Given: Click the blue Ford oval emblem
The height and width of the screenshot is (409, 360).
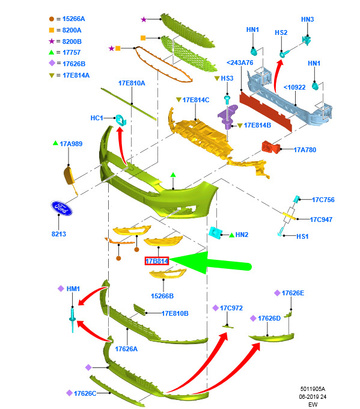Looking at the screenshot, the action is [x=61, y=208].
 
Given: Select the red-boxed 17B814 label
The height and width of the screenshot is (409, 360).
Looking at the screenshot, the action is [x=157, y=261].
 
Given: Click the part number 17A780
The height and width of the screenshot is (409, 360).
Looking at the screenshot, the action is [x=305, y=150].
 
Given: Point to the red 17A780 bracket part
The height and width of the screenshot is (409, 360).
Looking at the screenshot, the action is [x=270, y=147].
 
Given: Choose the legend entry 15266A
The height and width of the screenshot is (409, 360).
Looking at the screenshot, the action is [x=73, y=19].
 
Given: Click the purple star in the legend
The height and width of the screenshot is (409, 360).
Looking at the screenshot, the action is [x=52, y=42].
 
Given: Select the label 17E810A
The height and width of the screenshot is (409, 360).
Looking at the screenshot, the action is [x=132, y=83].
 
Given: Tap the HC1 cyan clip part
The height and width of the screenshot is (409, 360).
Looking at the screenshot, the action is [x=121, y=120].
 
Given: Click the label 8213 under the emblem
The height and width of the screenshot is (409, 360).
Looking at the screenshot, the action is [x=59, y=234].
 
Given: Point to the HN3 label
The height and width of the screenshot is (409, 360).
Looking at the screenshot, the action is [x=307, y=19].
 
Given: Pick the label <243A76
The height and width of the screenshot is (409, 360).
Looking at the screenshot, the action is [x=240, y=63].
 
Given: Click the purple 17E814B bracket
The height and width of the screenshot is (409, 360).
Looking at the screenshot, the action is [x=228, y=116].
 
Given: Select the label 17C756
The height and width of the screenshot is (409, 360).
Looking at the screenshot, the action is [x=323, y=200].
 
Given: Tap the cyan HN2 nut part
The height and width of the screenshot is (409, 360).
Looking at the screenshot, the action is [x=215, y=232].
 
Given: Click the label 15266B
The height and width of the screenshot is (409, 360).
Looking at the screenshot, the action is [x=162, y=296].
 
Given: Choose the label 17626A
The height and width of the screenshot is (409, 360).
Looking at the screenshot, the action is [x=126, y=349].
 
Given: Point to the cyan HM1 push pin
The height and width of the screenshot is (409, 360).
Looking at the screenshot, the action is [x=73, y=320].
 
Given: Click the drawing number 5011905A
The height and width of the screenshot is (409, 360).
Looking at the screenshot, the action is [x=313, y=389].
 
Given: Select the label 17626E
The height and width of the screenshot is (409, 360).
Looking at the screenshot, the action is [x=293, y=293].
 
